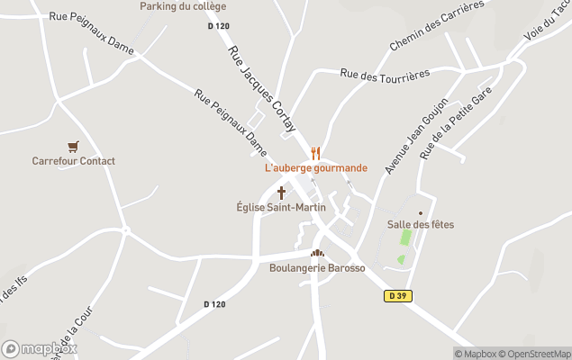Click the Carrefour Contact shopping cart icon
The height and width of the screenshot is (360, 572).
click(73, 147)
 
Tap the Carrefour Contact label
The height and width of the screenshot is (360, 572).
click(73, 161)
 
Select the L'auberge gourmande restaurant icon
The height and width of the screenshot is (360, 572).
click(315, 153)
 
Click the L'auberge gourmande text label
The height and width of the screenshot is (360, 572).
click(315, 168)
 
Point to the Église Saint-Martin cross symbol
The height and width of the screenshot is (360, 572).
click(281, 193)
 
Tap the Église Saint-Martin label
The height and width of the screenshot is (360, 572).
click(281, 207)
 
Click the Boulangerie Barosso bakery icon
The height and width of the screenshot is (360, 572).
click(317, 254)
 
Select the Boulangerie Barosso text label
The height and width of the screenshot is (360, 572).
click(317, 268)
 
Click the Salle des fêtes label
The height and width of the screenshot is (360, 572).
click(420, 224)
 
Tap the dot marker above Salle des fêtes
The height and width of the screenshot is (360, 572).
click(420, 213)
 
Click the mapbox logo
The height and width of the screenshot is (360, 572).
click(40, 348)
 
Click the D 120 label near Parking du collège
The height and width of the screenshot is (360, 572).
click(217, 25)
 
